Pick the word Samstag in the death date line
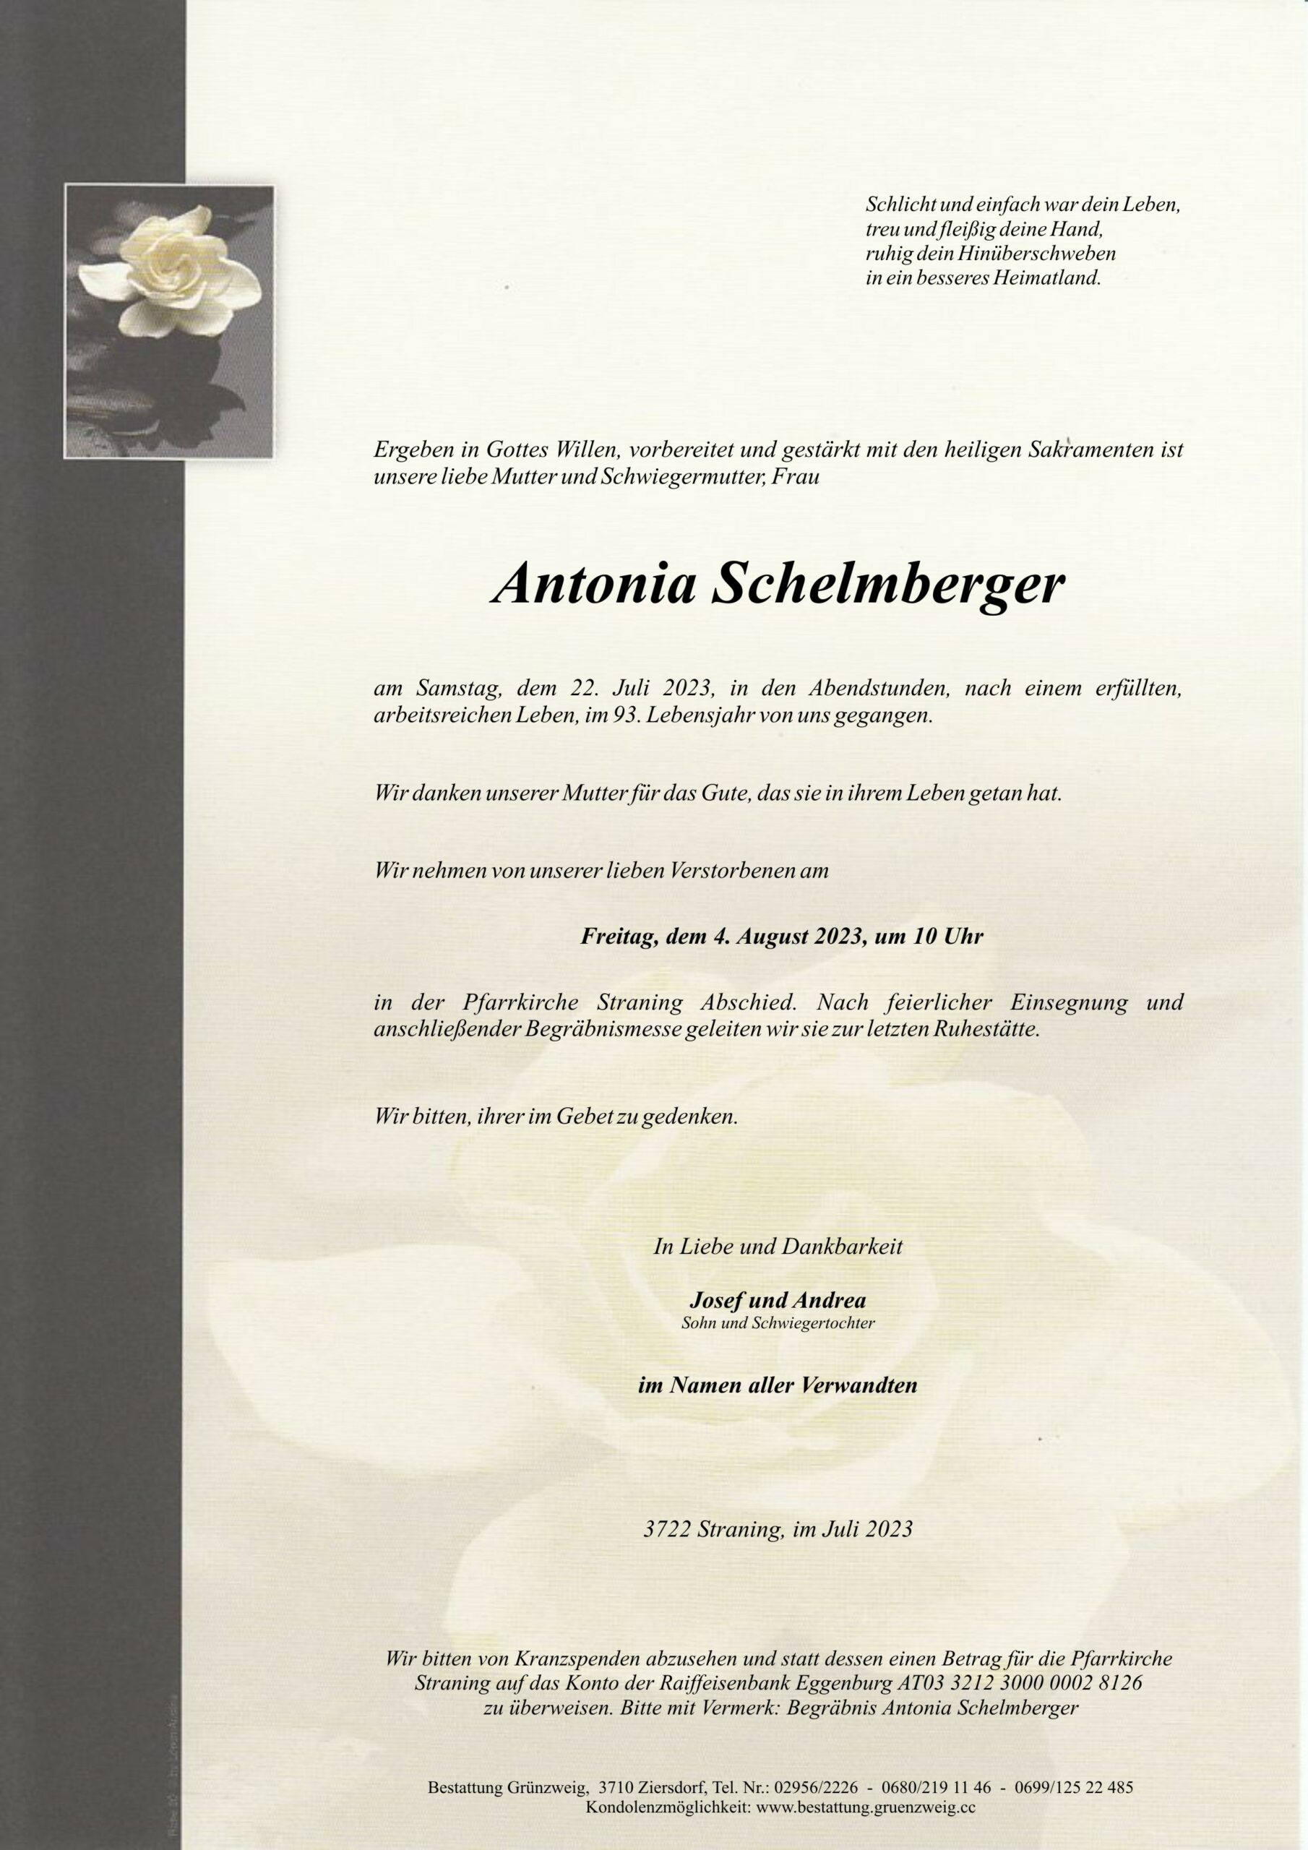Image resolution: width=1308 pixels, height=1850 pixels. tap(460, 689)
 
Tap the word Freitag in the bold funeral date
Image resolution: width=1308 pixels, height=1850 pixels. tap(618, 937)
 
